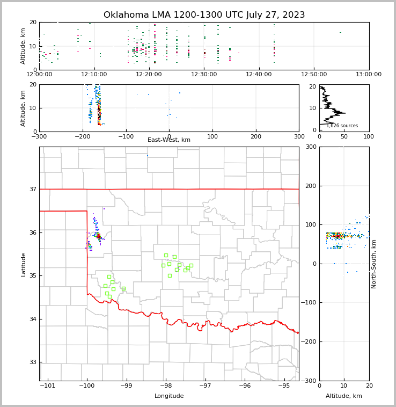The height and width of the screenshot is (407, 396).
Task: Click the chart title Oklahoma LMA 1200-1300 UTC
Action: [x=204, y=15]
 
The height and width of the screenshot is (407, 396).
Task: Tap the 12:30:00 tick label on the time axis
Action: [x=204, y=74]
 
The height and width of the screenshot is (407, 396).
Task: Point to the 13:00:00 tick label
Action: [x=369, y=74]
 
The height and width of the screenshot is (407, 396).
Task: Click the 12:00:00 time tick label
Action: [x=40, y=74]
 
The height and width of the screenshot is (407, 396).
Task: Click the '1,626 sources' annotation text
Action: [x=342, y=126]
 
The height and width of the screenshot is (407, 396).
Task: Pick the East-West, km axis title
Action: [x=169, y=140]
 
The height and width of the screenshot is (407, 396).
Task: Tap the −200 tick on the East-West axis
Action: [x=83, y=136]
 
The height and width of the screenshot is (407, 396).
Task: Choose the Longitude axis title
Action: [x=169, y=396]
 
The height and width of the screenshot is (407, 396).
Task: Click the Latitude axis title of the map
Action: [x=24, y=264]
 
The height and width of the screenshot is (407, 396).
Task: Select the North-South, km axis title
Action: [x=374, y=264]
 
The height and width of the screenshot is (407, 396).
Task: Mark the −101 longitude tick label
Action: [x=47, y=386]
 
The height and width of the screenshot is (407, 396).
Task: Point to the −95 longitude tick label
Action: [x=284, y=386]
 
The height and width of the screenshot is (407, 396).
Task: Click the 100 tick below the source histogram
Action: [x=369, y=136]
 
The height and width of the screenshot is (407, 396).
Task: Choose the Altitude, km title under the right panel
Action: [x=344, y=396]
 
